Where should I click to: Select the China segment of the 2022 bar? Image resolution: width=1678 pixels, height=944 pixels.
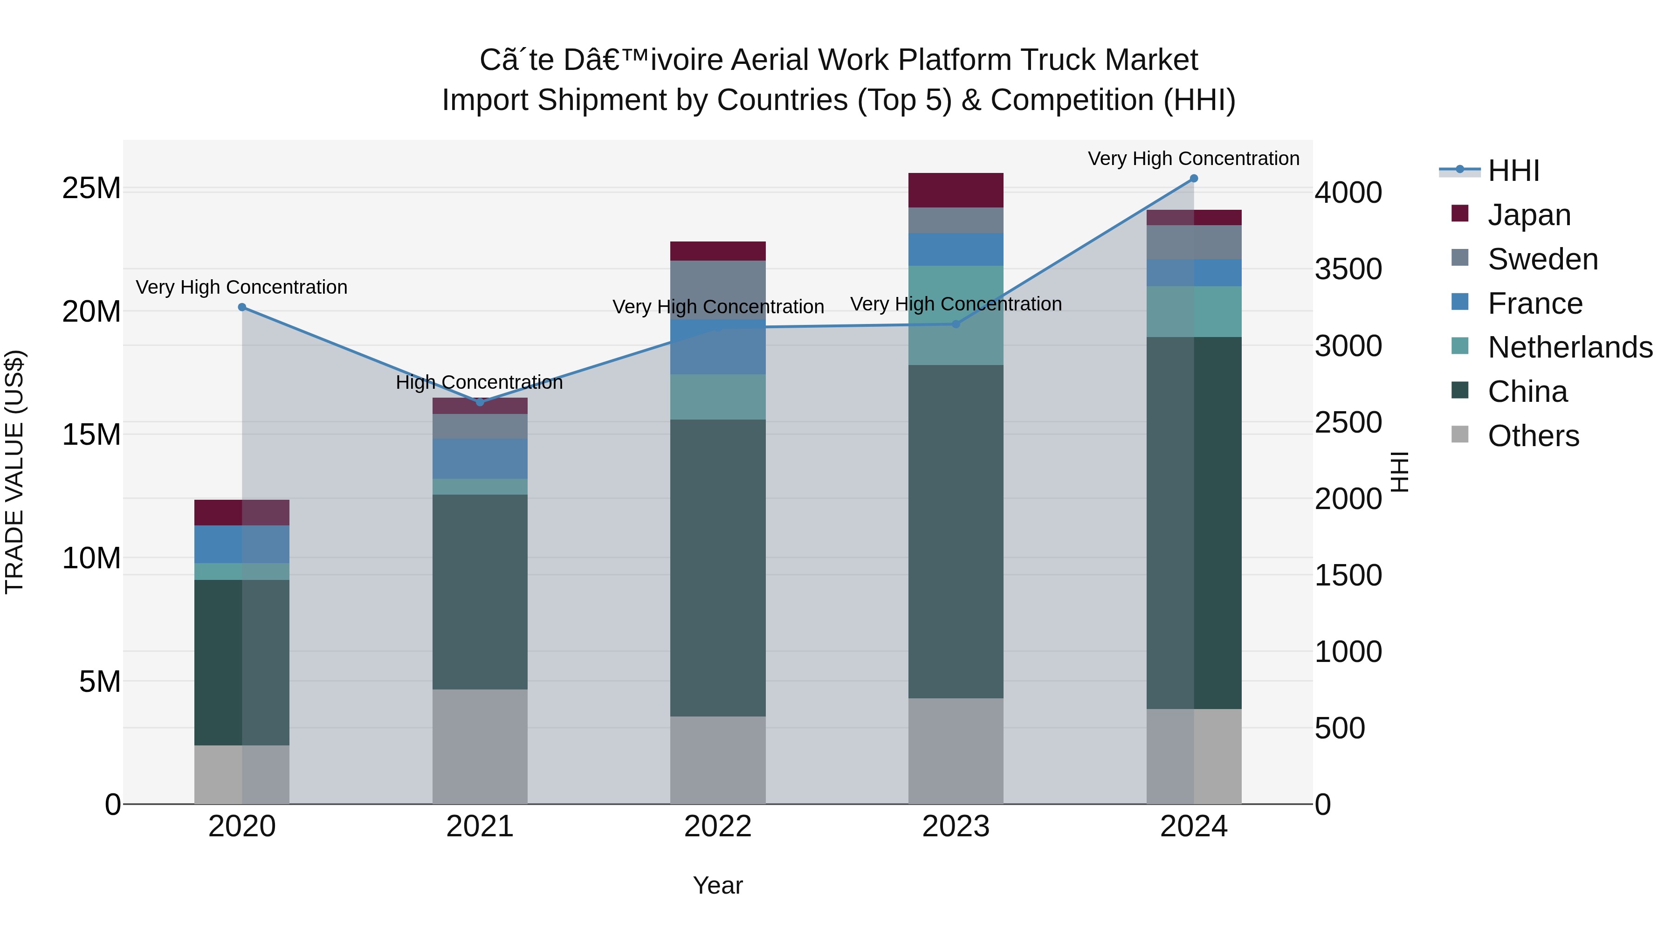pos(718,567)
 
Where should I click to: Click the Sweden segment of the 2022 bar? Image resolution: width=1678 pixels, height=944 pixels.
pos(718,290)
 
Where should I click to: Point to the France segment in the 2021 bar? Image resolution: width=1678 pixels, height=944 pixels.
pos(480,459)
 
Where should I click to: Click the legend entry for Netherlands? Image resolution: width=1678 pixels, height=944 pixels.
pos(1570,347)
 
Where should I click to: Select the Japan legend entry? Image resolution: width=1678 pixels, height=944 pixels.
pos(1529,215)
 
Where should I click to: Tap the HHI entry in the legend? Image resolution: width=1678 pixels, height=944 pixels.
pos(1513,171)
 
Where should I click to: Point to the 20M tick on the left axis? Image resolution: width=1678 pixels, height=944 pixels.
pos(91,311)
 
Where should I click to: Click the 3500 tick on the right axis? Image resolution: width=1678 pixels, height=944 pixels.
pos(1348,269)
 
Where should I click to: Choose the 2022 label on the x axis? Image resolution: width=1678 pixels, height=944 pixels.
pos(718,827)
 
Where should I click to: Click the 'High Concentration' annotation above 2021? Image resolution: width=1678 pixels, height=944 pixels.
pos(480,382)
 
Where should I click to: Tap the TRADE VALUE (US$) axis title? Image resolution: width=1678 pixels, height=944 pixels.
pos(14,472)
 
